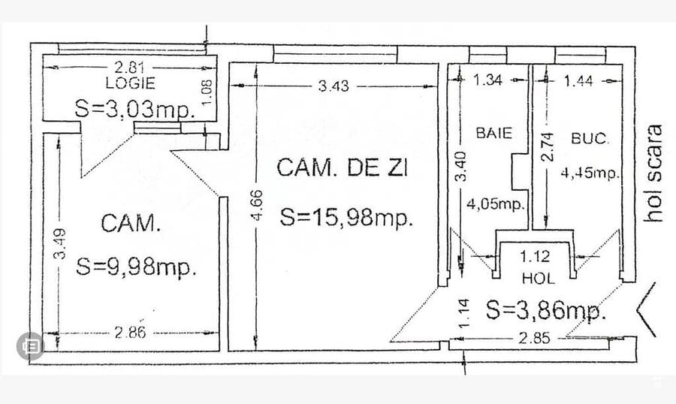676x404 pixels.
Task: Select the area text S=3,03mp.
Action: [135, 108]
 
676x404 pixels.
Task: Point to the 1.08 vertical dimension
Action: [210, 92]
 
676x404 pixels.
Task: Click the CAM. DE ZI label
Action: [342, 167]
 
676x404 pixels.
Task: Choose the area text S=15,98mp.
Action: [347, 218]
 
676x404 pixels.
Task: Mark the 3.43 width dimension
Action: [333, 86]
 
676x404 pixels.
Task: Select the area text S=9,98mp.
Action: [136, 267]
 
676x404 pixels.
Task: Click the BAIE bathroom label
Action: [493, 133]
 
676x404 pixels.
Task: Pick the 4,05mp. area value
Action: [496, 204]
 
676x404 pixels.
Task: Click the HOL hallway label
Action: [538, 278]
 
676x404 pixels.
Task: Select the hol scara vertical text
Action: [656, 172]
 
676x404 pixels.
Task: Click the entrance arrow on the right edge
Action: [647, 309]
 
